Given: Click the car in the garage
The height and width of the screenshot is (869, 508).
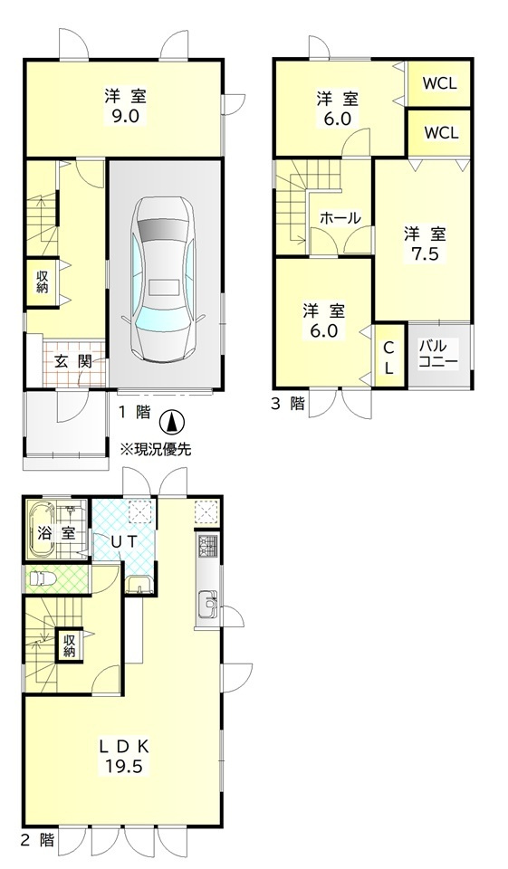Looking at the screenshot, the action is pyautogui.click(x=164, y=280).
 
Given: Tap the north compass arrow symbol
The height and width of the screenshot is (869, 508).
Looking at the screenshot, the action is pyautogui.click(x=171, y=423).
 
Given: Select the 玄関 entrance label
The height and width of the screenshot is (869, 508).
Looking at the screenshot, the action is pyautogui.click(x=72, y=362).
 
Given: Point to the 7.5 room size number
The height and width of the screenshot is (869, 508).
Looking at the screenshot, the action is pyautogui.click(x=425, y=253).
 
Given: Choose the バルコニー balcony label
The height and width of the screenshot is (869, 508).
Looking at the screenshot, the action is pyautogui.click(x=438, y=355).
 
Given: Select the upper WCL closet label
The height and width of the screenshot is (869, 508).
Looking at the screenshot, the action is pyautogui.click(x=440, y=83).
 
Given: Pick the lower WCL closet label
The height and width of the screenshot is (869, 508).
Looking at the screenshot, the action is pyautogui.click(x=441, y=133).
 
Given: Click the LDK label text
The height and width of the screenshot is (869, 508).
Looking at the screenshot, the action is pyautogui.click(x=125, y=746).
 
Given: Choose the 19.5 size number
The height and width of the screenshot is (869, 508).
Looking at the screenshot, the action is pyautogui.click(x=125, y=766).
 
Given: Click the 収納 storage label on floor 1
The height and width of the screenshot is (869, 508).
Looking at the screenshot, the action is pyautogui.click(x=43, y=282).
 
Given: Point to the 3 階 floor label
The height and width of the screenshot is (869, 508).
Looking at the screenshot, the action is pyautogui.click(x=287, y=404).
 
